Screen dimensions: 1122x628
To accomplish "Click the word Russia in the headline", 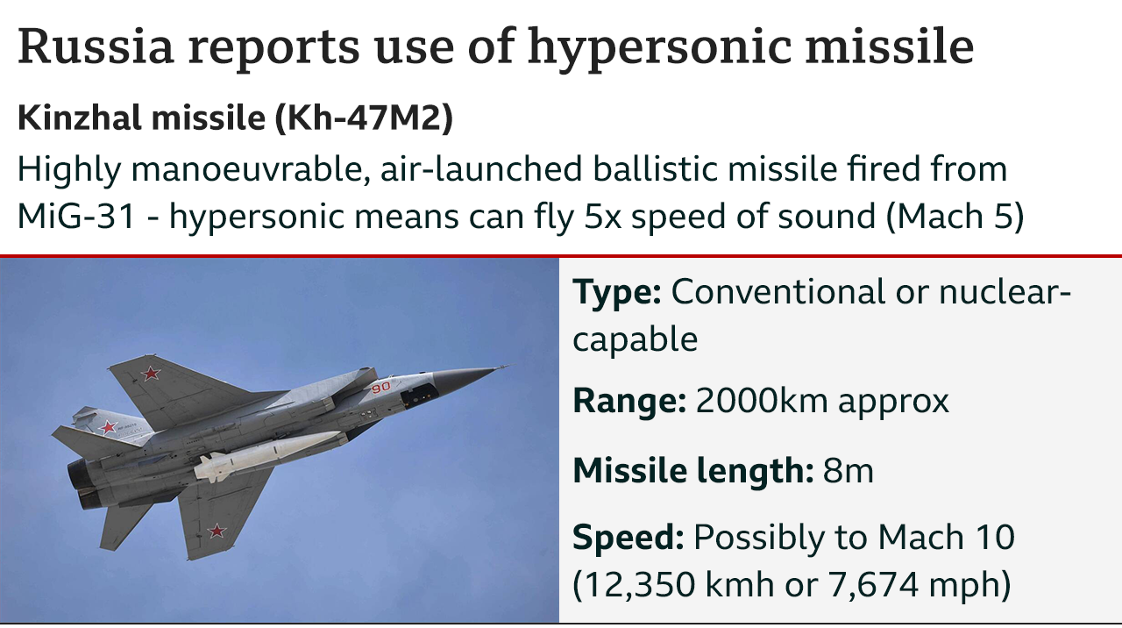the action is [96, 46].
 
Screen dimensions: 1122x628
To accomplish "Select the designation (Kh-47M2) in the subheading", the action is [364, 118].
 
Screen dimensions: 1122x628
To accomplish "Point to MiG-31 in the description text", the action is [76, 216].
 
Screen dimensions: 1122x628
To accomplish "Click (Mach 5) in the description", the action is [955, 217].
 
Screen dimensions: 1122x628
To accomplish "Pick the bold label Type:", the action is [617, 293].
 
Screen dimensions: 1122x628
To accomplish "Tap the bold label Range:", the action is [629, 401].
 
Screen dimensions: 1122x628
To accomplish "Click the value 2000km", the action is [762, 401].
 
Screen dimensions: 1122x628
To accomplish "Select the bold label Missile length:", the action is [693, 471].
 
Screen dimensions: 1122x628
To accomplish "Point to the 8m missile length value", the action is [848, 471].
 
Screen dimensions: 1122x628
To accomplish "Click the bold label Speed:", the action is [628, 539].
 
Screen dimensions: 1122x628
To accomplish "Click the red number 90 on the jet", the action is [380, 387].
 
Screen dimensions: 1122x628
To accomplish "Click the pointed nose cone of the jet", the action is [471, 377].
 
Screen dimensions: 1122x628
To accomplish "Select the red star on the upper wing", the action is [151, 374].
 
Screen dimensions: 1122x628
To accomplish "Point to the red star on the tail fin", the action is [108, 427].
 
